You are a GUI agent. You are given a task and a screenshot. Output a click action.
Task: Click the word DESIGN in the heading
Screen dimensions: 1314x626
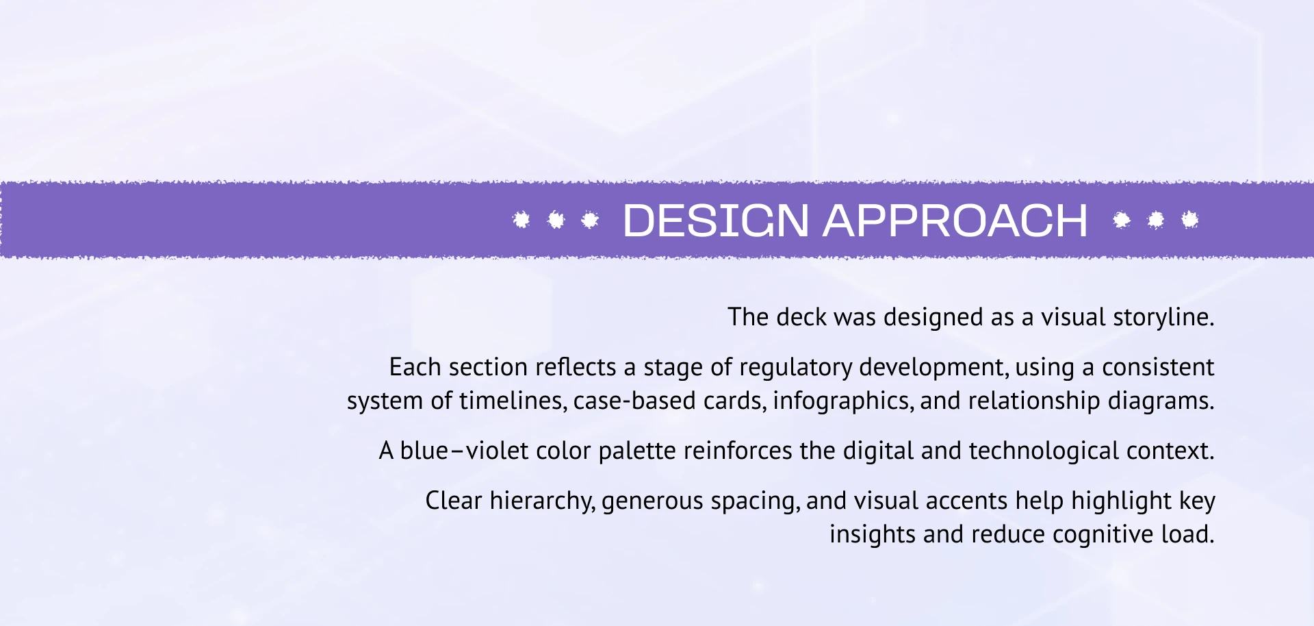[716, 221]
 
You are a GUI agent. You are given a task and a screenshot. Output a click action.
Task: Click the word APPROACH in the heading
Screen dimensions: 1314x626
[955, 221]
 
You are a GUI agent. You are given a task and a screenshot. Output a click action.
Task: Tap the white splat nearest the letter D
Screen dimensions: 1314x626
[590, 220]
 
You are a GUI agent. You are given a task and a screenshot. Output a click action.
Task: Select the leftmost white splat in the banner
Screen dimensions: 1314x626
[521, 220]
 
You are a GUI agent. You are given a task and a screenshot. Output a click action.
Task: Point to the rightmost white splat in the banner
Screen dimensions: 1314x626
[1190, 220]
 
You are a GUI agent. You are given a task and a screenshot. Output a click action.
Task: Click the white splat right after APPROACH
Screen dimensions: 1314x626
[1122, 220]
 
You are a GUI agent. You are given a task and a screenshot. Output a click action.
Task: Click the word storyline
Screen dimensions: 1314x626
[1163, 318]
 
